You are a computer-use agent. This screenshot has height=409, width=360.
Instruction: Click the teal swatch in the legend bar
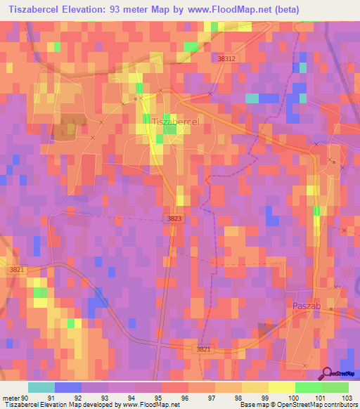(41, 387)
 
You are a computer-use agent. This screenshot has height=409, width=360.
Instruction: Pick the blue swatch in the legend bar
(68, 387)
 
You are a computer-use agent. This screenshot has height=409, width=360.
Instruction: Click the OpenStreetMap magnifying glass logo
(326, 373)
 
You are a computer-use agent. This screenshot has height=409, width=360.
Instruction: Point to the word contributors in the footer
(338, 405)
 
